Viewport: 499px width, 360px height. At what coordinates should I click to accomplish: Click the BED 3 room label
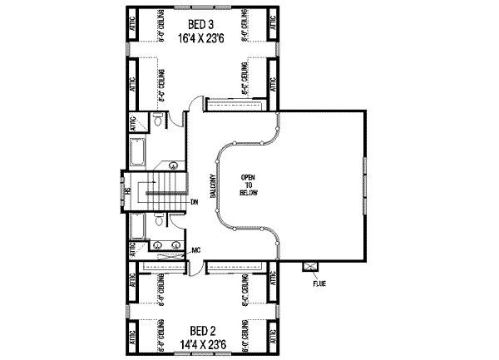(200, 24)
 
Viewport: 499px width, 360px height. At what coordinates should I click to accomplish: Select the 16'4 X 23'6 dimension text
(200, 37)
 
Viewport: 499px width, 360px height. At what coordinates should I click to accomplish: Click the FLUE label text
(319, 283)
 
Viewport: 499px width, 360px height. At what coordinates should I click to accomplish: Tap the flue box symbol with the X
(311, 266)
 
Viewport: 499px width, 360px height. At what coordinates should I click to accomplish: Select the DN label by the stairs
(193, 202)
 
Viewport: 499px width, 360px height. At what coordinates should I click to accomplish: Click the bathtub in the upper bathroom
(137, 153)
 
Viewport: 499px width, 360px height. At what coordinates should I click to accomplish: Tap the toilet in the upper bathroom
(156, 123)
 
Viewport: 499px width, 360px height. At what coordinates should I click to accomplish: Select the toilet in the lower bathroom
(157, 222)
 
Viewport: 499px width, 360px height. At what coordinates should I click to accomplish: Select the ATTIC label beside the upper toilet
(133, 125)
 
